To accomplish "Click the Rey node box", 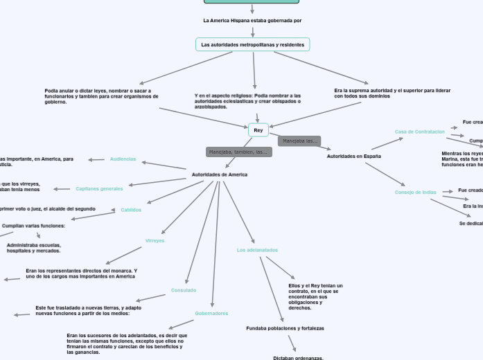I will point(258,130).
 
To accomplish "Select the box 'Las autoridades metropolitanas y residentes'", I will point(252,44).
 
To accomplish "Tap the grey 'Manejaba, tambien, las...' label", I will point(238,152).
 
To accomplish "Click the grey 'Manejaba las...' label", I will point(299,141).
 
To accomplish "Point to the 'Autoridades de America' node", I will point(219,174).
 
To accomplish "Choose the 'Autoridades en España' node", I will point(353,156).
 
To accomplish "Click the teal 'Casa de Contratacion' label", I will point(420,132).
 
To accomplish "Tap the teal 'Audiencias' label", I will point(123,159).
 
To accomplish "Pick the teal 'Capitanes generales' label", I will point(99,188).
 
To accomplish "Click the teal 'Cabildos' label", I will point(131,210).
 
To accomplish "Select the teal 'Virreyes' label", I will point(155,241).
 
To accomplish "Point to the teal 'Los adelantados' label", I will point(257,250).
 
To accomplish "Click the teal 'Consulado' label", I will point(184,290).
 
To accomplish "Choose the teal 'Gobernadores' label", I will point(211,314).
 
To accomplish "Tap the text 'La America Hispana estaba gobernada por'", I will point(252,21).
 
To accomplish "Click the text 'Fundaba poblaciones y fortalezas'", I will point(285,328).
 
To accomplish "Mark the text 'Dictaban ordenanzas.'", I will point(298,358).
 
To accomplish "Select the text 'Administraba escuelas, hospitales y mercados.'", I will point(34,248).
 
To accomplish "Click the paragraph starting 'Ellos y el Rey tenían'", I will point(315,296).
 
